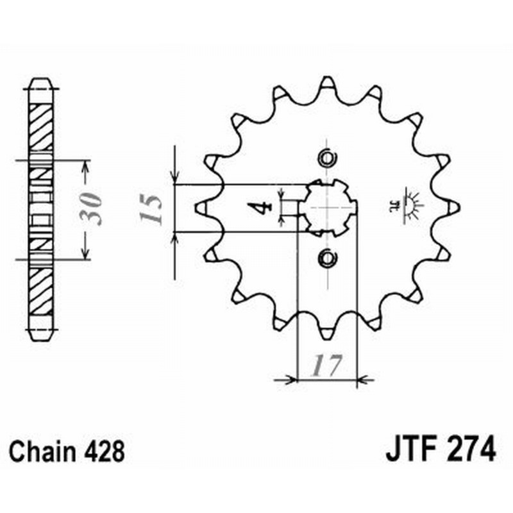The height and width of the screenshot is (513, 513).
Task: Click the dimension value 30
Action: pos(94,208)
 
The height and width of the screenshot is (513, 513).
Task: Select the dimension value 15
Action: pos(152,209)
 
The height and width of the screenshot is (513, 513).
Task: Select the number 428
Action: pos(105,451)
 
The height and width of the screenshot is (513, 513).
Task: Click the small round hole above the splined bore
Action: pos(326,158)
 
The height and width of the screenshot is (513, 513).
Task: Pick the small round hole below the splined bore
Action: pos(326,258)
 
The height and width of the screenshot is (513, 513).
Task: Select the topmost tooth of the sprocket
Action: pos(326,82)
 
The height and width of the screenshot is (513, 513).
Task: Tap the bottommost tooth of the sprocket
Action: pos(326,333)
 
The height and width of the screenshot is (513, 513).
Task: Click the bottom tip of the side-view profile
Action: pos(42,336)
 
